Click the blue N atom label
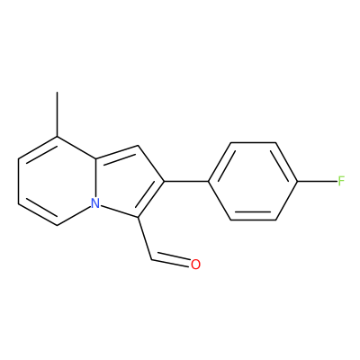pos(95,203)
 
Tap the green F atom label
pos(341,181)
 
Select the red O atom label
pos(195,264)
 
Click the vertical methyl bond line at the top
pos(57,114)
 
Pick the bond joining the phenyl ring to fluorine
pos(317,181)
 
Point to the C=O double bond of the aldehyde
pos(171,260)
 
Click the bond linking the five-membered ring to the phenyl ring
pos(186,181)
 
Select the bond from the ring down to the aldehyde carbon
pos(145,238)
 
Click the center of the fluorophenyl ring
pos(253,181)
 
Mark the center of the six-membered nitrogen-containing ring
pos(57,181)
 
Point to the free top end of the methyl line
pos(57,93)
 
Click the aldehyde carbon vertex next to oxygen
pos(152,259)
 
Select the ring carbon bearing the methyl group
pos(57,137)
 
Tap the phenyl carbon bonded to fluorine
pos(298,181)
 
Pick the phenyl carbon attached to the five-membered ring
pos(209,181)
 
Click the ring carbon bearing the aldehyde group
pos(138,217)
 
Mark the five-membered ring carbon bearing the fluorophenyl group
pos(164,181)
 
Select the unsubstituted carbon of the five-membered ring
pos(138,146)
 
